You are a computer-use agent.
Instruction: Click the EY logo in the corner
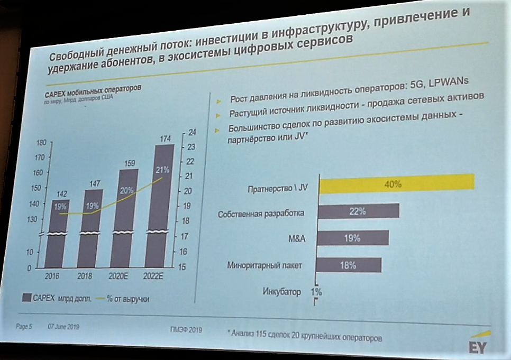click(x=478, y=346)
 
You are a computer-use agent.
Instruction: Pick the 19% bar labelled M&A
click(x=352, y=238)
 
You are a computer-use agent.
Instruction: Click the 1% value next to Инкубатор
click(x=316, y=291)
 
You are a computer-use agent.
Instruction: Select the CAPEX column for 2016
click(x=60, y=238)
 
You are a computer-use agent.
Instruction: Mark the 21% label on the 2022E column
click(x=162, y=170)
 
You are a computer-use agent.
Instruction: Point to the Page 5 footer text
click(x=24, y=326)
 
